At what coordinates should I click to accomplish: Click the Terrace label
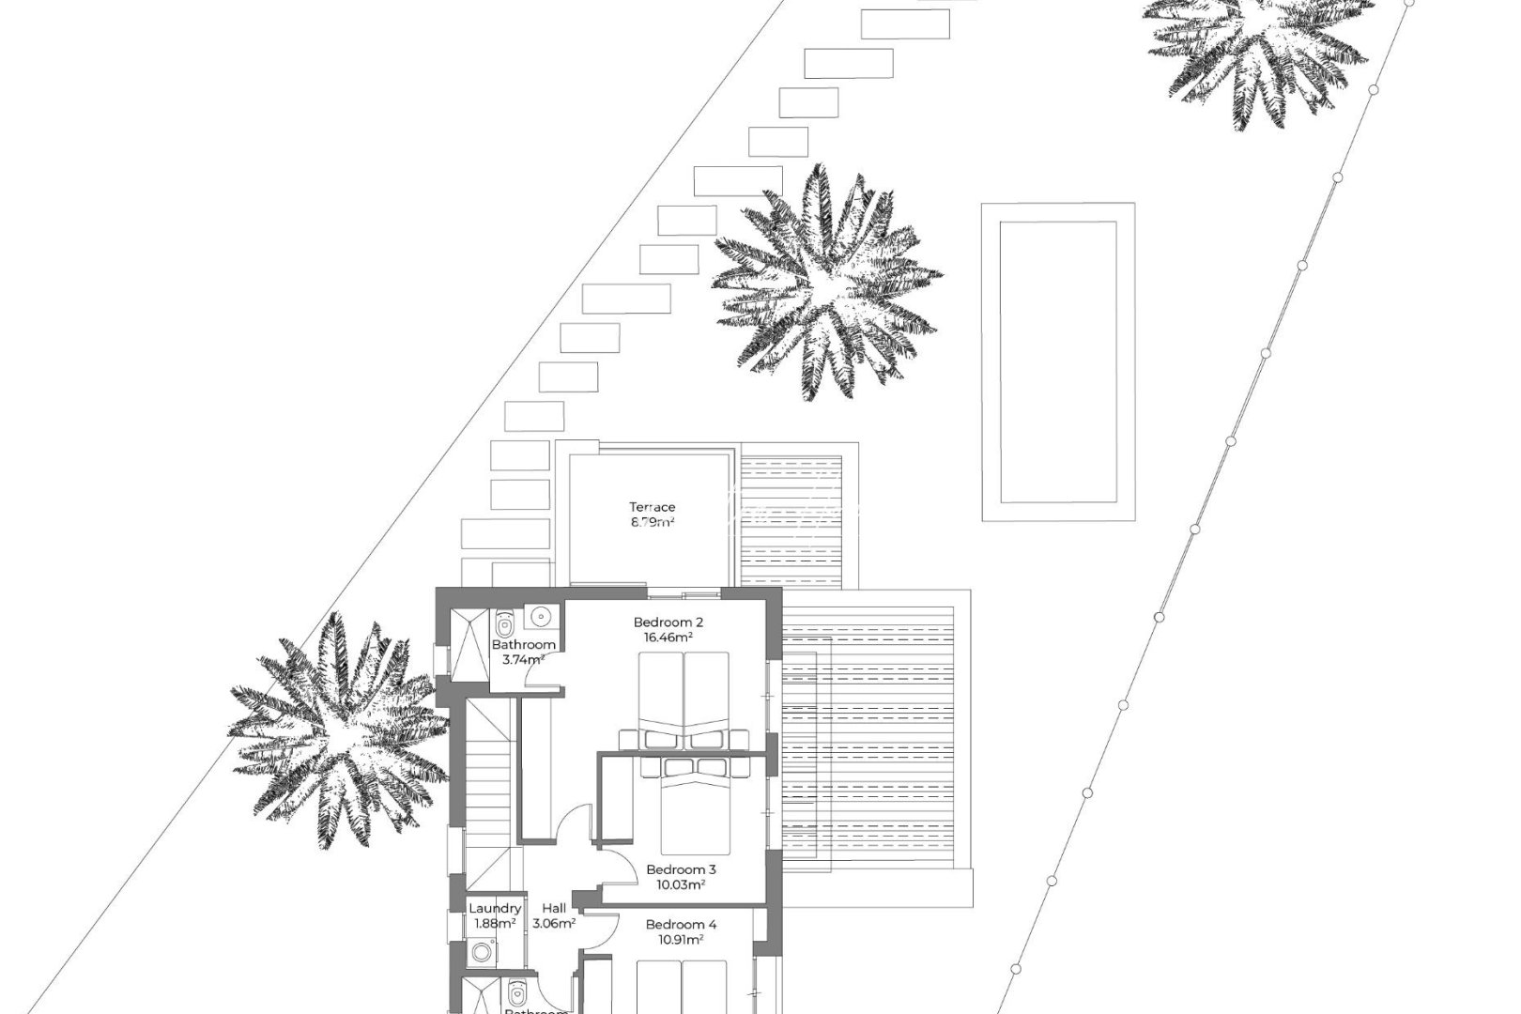tap(652, 508)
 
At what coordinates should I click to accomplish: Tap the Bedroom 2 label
tap(668, 622)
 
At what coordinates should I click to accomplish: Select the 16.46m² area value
tap(668, 637)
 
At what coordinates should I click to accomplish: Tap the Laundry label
tap(495, 909)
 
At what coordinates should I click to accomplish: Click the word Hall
tap(554, 909)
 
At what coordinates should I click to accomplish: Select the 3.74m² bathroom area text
tap(523, 660)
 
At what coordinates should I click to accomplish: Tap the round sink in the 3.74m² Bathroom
tap(540, 617)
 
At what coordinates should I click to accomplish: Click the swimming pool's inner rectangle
tap(1058, 361)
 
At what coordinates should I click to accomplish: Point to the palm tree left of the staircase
tap(329, 731)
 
